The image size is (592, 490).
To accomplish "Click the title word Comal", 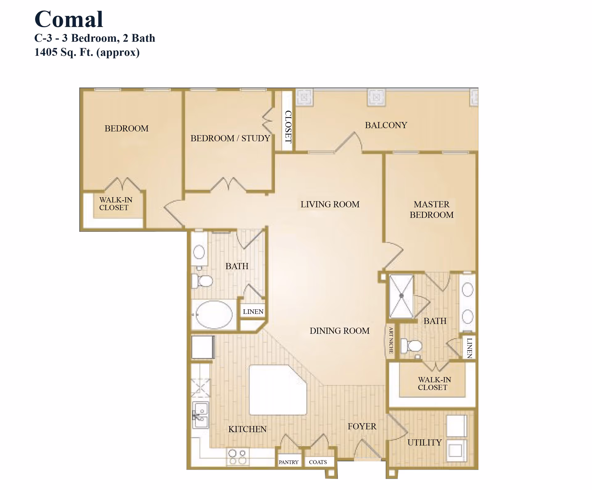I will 69,19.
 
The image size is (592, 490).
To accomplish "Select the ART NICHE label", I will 391,340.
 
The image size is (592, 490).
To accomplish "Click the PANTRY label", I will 289,462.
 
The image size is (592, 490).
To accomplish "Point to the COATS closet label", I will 318,462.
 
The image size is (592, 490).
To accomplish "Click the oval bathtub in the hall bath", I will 214,315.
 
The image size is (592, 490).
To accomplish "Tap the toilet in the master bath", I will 412,346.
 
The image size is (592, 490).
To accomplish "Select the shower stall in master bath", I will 401,296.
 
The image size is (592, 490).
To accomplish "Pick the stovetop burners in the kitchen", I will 238,457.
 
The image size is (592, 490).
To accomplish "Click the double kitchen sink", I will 201,415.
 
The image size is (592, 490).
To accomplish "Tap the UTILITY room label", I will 425,443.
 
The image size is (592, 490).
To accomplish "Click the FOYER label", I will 362,426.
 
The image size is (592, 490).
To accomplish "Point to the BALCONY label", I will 386,125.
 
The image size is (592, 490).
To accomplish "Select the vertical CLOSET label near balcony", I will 288,126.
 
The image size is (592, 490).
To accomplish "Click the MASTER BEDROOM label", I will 431,209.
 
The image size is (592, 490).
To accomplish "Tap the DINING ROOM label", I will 339,331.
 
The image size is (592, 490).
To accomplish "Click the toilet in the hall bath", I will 203,281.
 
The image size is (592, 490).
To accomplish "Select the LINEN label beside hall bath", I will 253,311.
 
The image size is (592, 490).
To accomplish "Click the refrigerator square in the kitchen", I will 203,347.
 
